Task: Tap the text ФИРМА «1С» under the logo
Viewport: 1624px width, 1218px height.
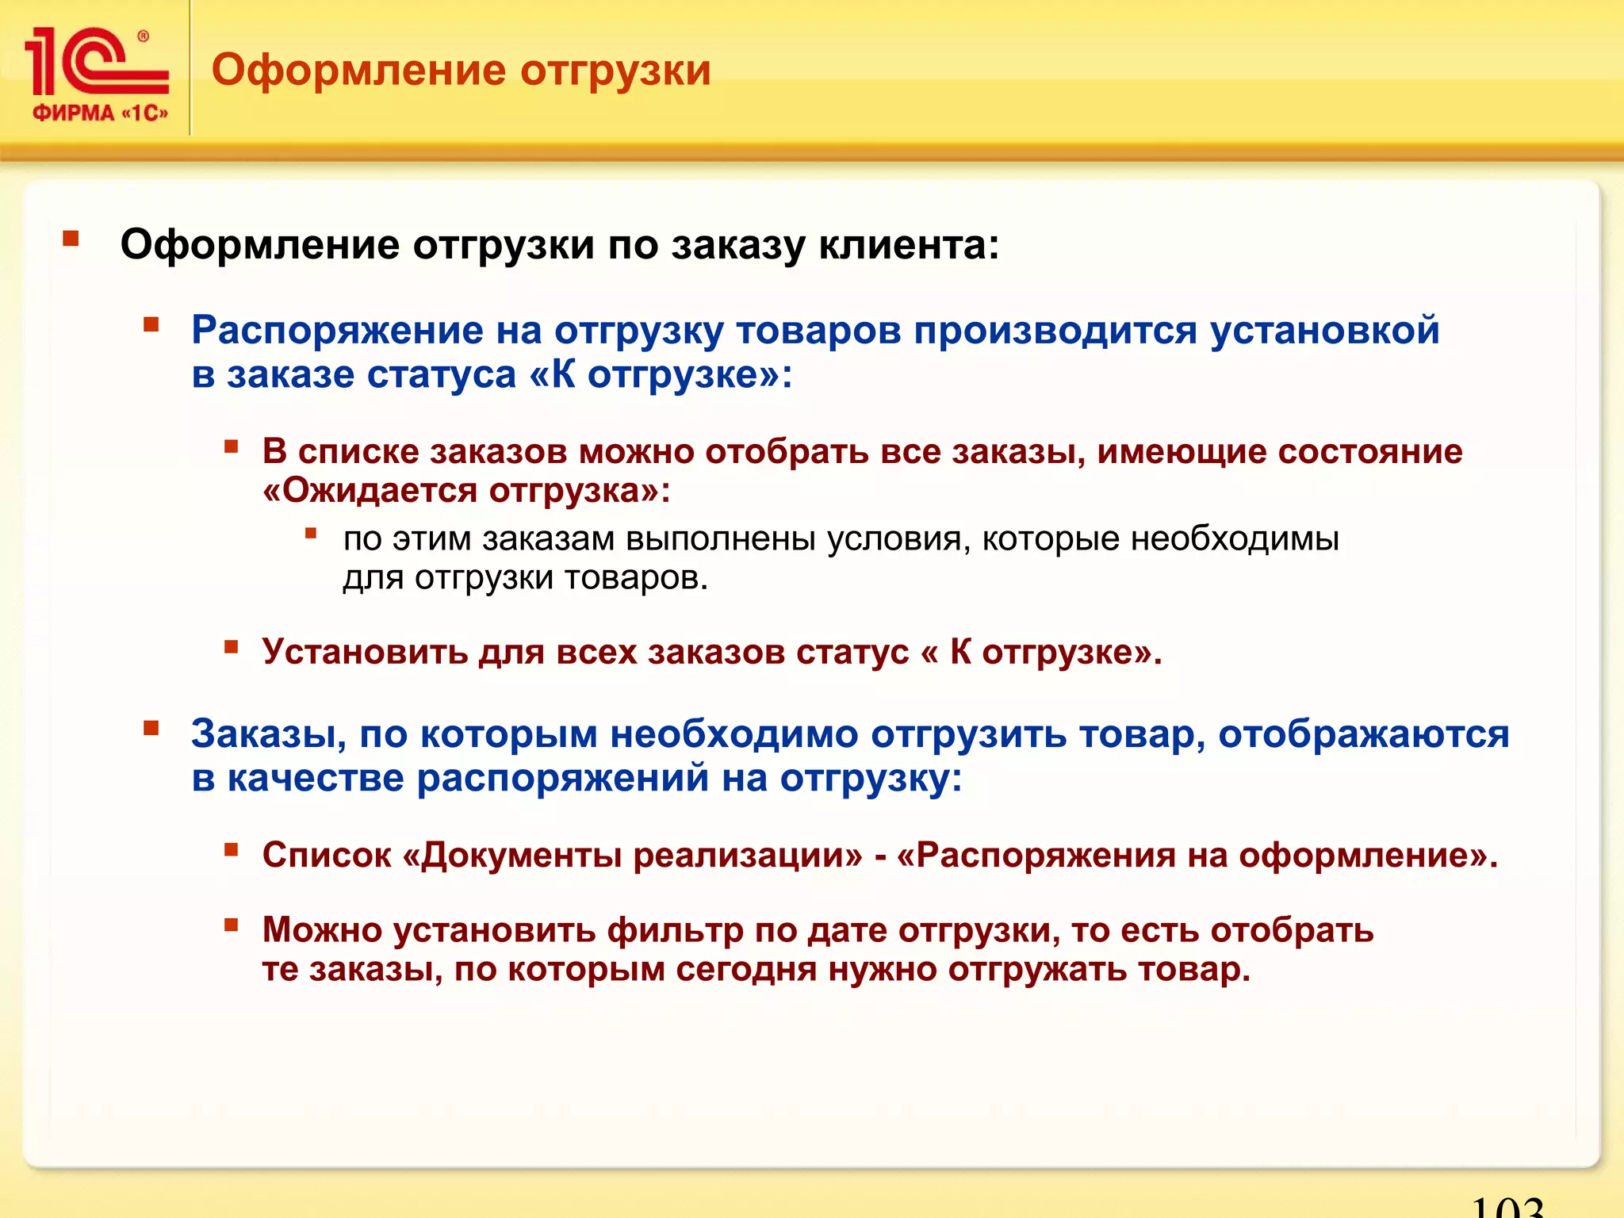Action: point(100,113)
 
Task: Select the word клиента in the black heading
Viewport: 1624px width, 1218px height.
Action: point(908,244)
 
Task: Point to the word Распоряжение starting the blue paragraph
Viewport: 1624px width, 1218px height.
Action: point(337,330)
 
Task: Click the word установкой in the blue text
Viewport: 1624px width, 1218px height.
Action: point(1324,330)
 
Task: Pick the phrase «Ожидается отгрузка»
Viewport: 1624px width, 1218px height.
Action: point(466,491)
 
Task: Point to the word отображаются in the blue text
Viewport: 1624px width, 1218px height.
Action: point(1363,733)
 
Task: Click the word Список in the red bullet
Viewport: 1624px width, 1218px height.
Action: point(327,855)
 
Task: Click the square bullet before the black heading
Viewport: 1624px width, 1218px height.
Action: point(71,239)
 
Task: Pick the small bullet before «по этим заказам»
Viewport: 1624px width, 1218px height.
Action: point(311,534)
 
